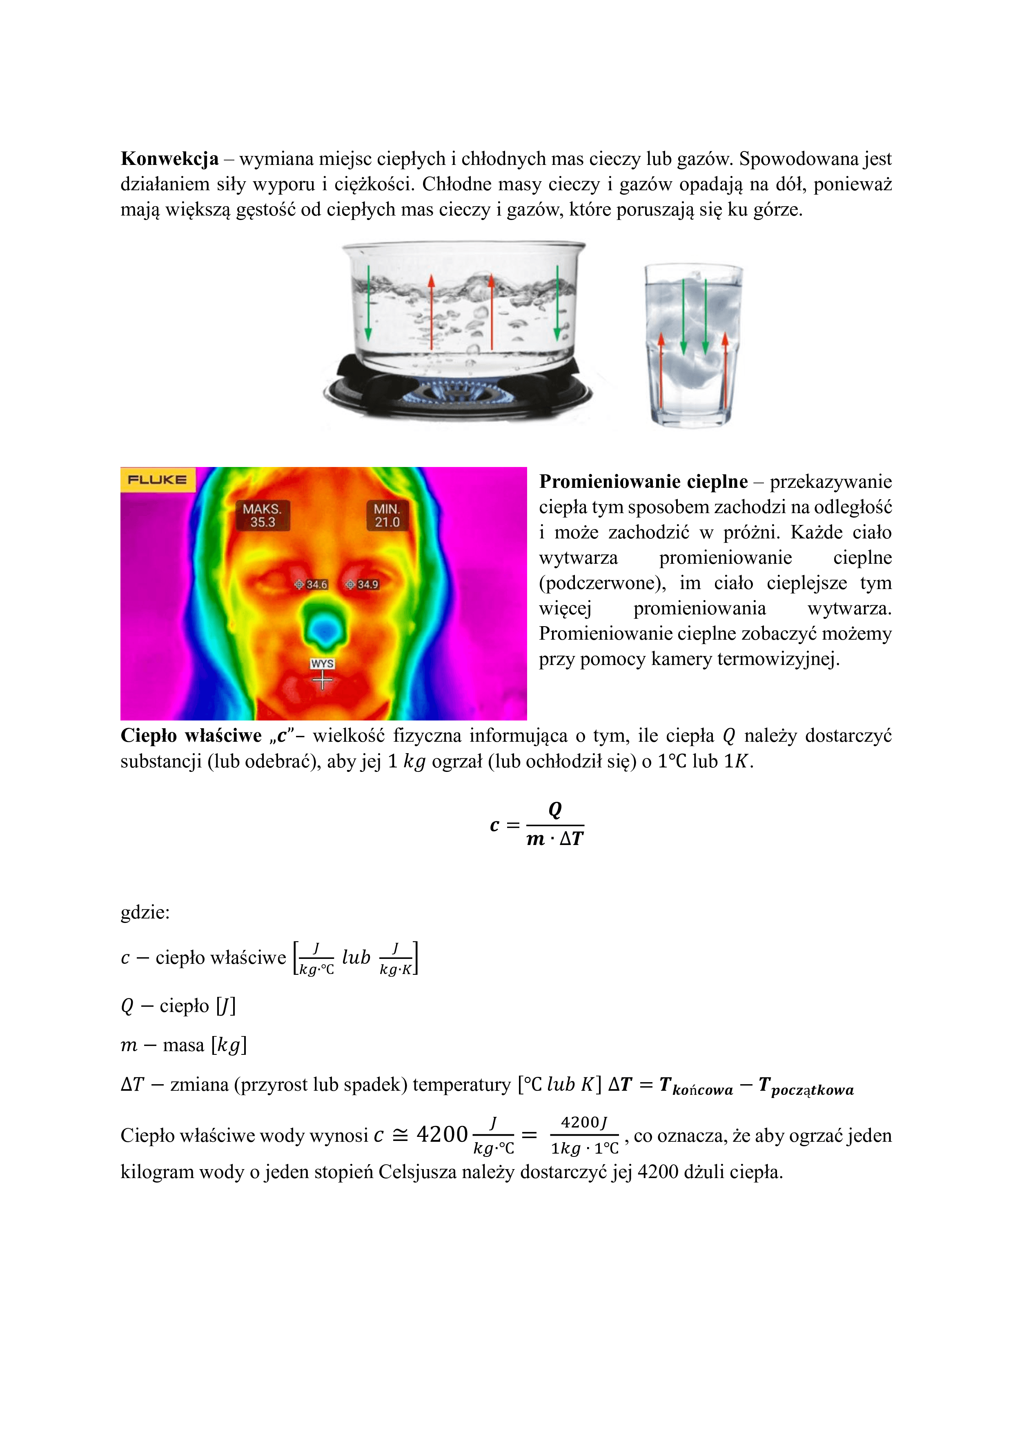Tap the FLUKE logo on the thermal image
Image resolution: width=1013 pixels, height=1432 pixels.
[x=157, y=480]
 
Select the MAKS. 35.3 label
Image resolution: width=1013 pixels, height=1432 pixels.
[x=263, y=515]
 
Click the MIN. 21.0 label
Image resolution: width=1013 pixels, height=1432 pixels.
[x=387, y=515]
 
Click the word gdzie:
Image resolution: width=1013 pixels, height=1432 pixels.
[x=145, y=912]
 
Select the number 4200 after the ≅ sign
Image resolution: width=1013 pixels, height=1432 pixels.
[x=442, y=1134]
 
